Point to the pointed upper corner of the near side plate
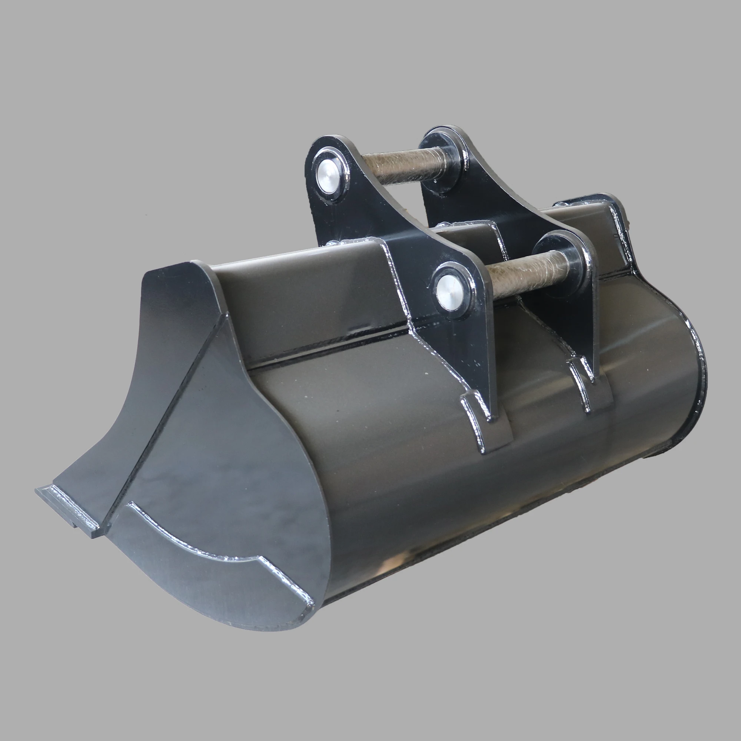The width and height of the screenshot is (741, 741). pos(199,269)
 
